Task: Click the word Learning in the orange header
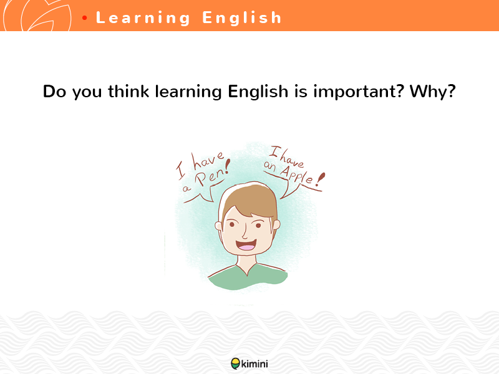click(143, 18)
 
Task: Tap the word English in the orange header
click(242, 17)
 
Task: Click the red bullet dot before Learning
click(84, 18)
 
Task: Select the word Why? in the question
click(433, 92)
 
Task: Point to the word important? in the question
click(359, 92)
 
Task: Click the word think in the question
click(128, 91)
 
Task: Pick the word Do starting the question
click(54, 92)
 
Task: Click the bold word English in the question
click(258, 92)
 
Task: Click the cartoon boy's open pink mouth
click(246, 246)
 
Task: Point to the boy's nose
click(245, 233)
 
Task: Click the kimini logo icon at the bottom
click(235, 363)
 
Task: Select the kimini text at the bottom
click(254, 363)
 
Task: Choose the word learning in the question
click(188, 92)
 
